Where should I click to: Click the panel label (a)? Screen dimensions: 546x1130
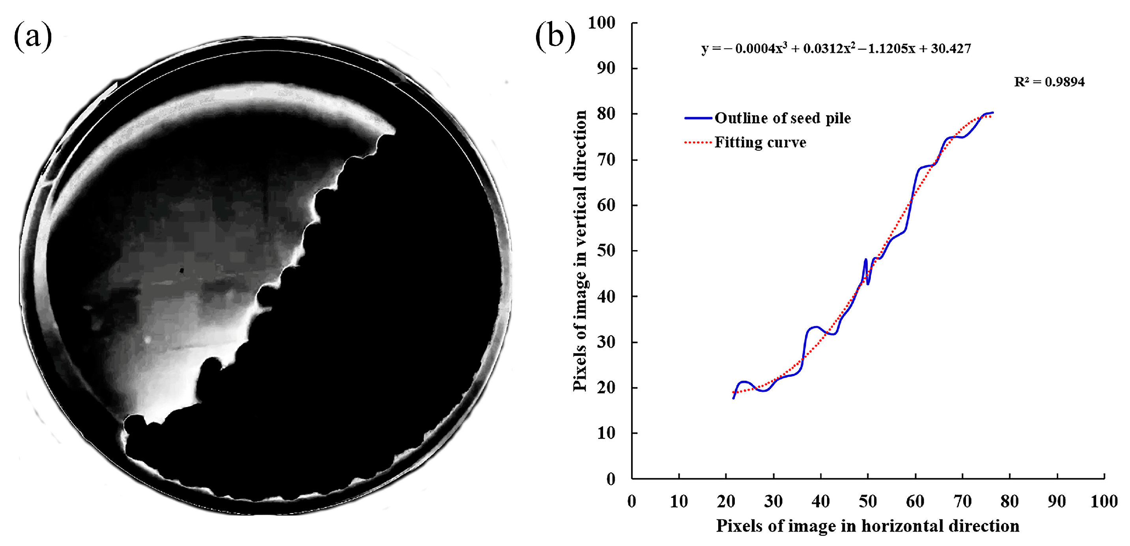tap(33, 37)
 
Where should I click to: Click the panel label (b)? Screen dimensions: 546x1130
tap(555, 37)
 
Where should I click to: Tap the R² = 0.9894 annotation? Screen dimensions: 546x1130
tap(1049, 82)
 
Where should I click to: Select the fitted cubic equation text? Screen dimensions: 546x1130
tap(836, 48)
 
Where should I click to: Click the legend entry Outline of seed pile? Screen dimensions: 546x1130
tap(783, 118)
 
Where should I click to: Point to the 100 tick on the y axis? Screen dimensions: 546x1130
tap(602, 23)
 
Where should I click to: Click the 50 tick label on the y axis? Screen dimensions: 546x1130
tap(606, 251)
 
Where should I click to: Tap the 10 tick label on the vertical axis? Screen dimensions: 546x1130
tap(606, 433)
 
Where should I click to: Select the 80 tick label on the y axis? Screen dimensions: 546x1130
tap(606, 114)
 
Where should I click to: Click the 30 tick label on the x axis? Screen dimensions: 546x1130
tap(773, 501)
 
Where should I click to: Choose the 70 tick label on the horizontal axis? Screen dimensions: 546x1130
tap(962, 501)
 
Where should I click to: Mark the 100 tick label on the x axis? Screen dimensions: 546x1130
tap(1104, 501)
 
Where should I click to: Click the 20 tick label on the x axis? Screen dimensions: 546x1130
tap(726, 501)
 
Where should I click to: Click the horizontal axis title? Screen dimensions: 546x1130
tap(868, 526)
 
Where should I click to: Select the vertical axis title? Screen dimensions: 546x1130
tap(580, 250)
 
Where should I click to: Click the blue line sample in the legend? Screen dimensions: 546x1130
tap(698, 118)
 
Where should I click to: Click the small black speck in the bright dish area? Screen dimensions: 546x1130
tap(181, 271)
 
